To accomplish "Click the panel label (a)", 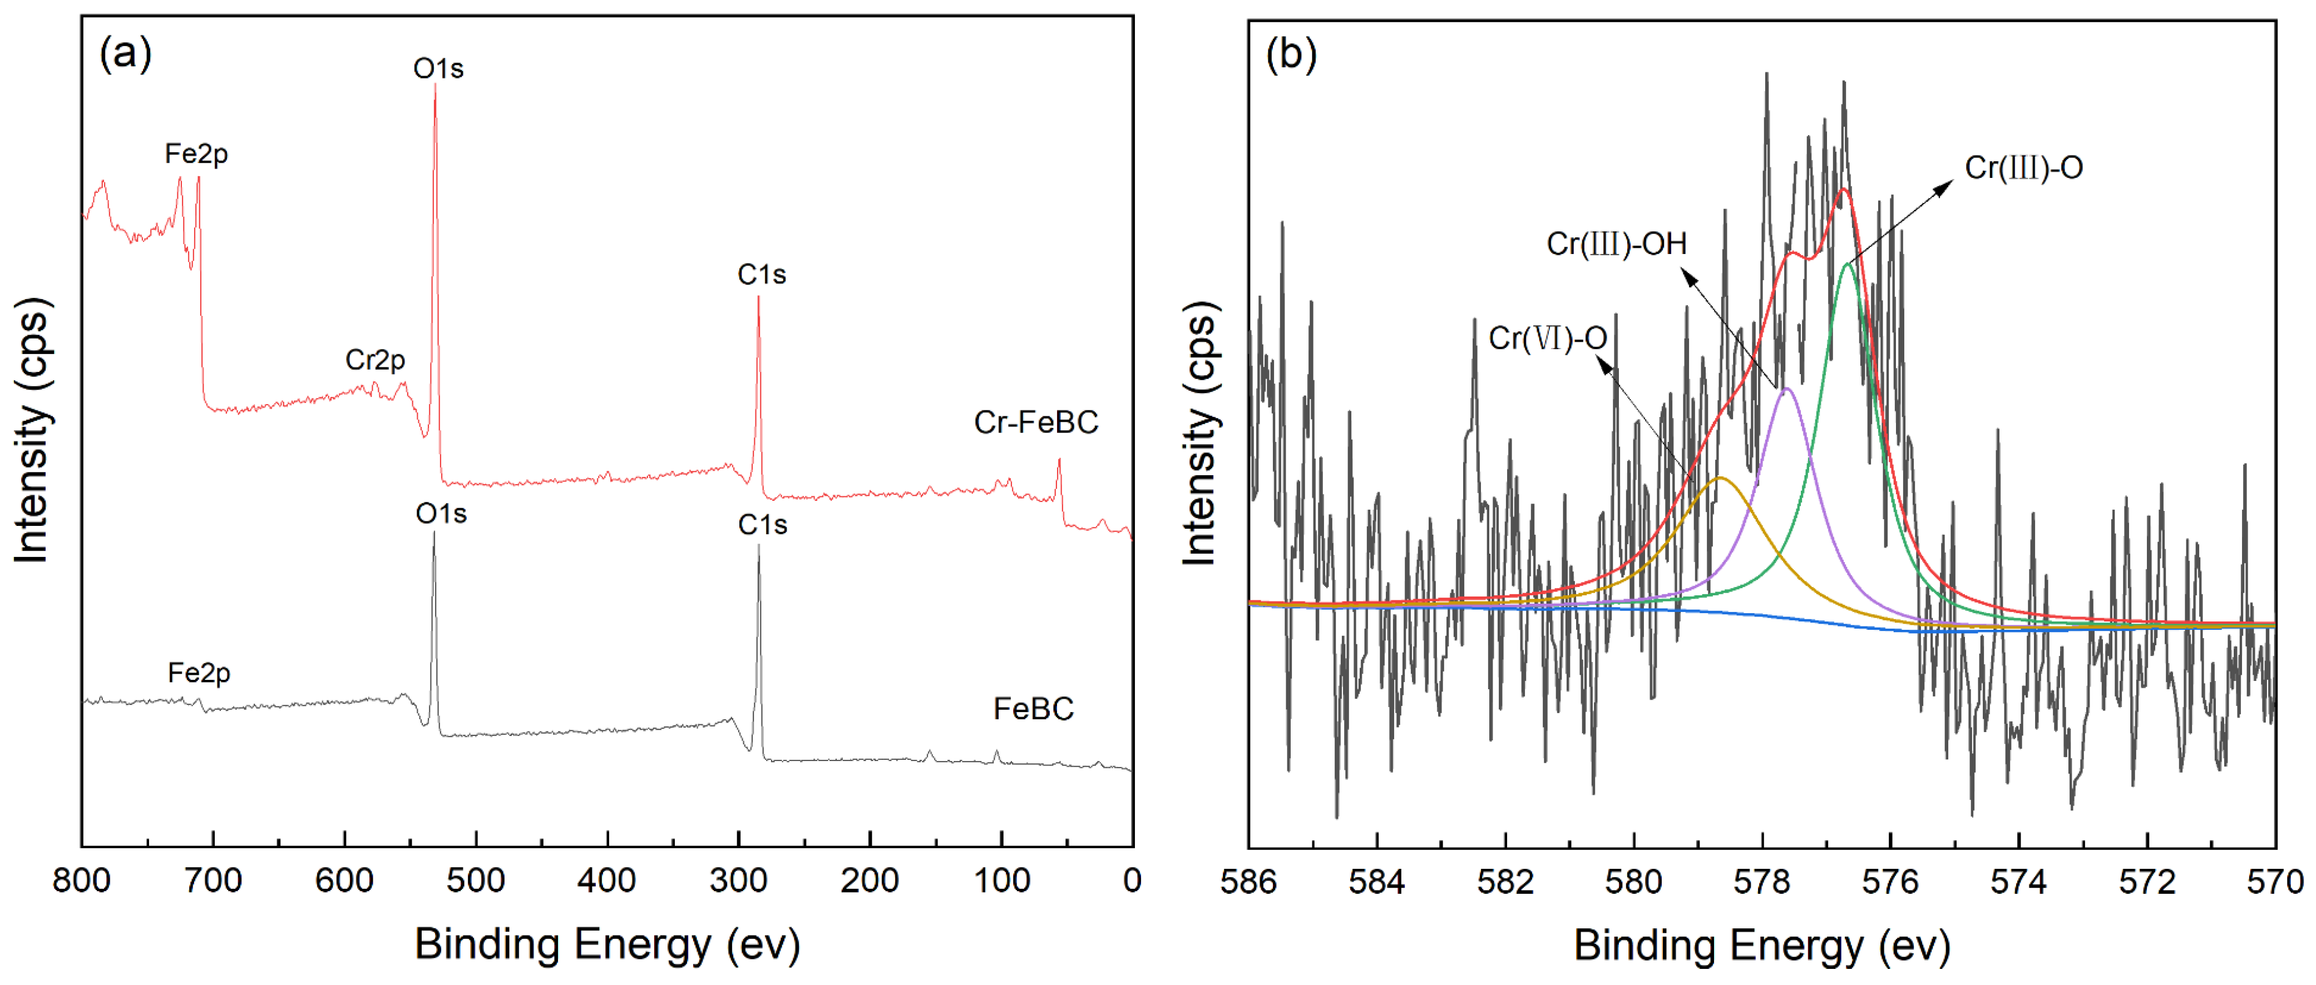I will click(126, 54).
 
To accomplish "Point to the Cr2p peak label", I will click(375, 360).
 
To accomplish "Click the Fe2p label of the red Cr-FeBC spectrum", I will click(196, 153).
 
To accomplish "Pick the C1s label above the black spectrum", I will click(762, 524).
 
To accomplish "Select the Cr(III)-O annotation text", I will click(2023, 167).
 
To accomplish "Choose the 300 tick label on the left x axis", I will click(738, 880).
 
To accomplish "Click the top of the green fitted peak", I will click(1848, 263).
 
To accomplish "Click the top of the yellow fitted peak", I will click(1720, 477).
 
